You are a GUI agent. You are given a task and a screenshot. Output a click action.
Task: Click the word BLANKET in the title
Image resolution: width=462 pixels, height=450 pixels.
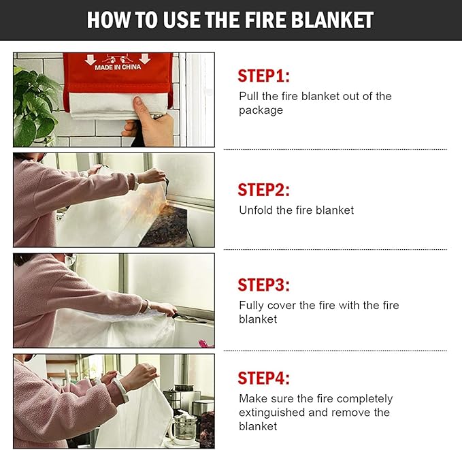(333, 20)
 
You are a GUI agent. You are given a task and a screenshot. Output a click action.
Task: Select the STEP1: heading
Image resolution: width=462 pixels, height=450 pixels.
(264, 76)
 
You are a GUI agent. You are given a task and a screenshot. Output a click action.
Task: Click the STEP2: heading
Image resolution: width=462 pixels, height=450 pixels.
(264, 190)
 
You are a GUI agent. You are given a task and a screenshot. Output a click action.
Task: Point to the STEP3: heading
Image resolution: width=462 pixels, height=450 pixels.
(264, 285)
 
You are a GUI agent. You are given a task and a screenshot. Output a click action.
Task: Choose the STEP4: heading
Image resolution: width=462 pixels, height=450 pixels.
(264, 379)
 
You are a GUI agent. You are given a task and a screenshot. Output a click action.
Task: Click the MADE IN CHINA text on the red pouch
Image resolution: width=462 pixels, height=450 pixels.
(118, 67)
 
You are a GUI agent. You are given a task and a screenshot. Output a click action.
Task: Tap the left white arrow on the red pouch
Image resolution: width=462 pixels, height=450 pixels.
(90, 59)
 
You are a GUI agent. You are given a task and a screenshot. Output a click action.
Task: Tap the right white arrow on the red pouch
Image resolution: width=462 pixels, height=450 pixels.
(145, 59)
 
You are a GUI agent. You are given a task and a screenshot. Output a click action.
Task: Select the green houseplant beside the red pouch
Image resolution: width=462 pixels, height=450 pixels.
(34, 106)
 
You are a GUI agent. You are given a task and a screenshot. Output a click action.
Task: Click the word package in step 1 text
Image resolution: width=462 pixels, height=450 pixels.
(261, 110)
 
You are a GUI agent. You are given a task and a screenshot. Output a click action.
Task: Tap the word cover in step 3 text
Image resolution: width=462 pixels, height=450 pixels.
(282, 306)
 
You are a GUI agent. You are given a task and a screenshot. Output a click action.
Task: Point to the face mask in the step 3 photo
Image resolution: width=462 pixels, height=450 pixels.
(71, 260)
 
